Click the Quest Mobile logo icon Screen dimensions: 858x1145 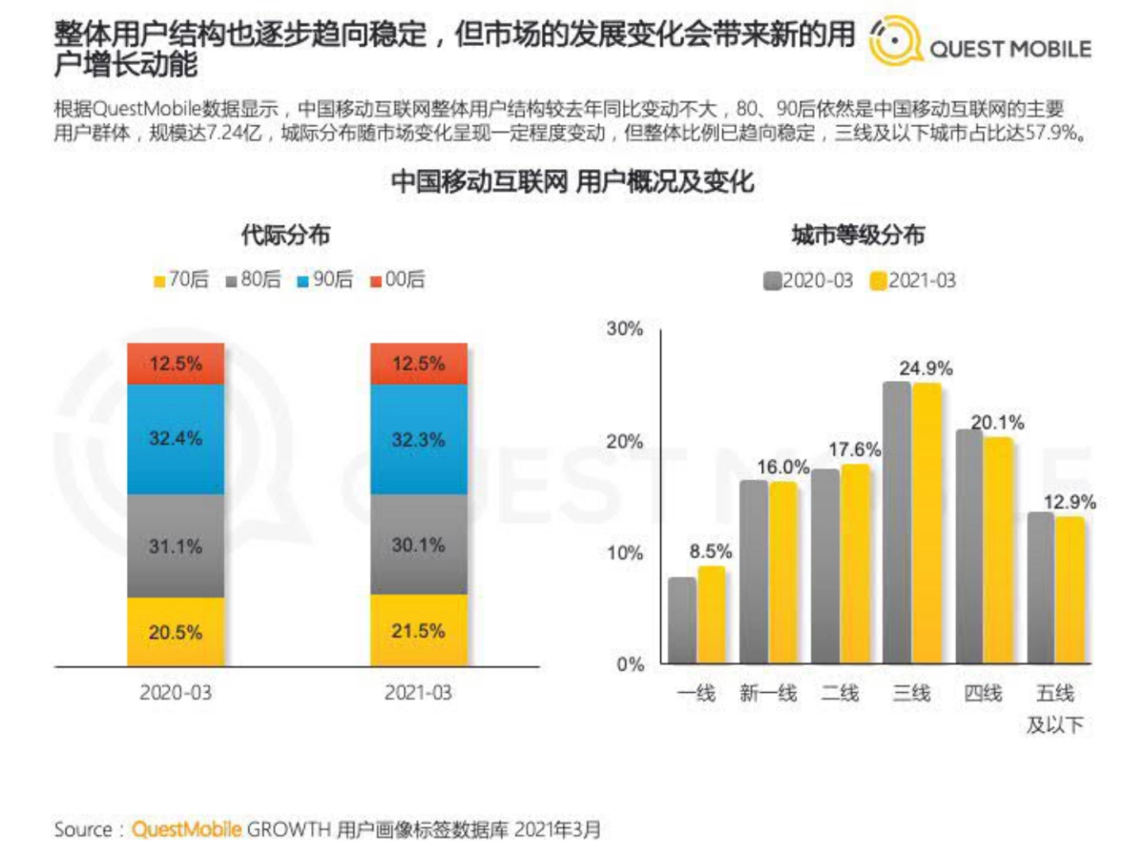(896, 40)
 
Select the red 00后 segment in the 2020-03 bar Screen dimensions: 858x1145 (176, 363)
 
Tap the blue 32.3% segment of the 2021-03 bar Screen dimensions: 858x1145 (419, 439)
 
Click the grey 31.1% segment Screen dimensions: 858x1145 (176, 546)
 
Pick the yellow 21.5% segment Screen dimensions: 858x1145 (419, 631)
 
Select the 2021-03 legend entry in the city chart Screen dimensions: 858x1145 (911, 281)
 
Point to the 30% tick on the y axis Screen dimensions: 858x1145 (625, 329)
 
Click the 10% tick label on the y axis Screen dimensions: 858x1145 (625, 554)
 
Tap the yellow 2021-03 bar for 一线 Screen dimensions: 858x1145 (711, 615)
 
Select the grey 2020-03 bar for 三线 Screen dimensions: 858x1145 (897, 522)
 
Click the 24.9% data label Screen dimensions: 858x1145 (926, 367)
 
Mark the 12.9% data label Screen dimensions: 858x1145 (1070, 502)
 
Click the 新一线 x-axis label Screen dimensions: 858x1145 (768, 694)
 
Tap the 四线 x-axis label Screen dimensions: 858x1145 (983, 694)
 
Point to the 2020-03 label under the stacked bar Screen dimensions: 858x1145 (176, 692)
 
